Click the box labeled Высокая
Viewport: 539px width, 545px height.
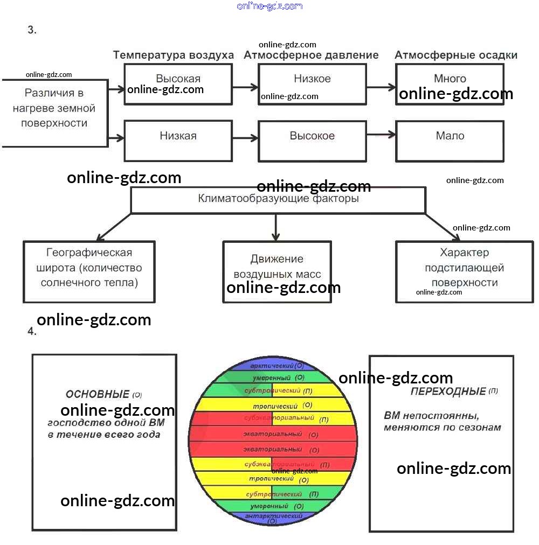(178, 79)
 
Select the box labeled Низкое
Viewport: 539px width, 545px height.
(312, 79)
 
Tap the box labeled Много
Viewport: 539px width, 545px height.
(450, 79)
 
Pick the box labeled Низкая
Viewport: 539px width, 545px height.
(178, 136)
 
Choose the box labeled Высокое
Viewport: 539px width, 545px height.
(312, 136)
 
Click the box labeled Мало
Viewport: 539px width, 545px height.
(450, 136)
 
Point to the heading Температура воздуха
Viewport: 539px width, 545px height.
(173, 55)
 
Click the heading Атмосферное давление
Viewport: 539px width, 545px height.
(311, 55)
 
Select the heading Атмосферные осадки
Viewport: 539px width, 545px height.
(456, 55)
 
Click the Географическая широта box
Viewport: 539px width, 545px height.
(89, 268)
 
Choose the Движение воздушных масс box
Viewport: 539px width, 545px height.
(277, 267)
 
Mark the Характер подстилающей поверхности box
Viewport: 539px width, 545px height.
(464, 268)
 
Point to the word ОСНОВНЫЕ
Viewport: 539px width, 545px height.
(98, 395)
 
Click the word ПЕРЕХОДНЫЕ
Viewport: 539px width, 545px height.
(448, 392)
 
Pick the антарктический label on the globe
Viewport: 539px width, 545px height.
(273, 516)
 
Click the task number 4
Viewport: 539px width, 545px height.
(32, 332)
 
